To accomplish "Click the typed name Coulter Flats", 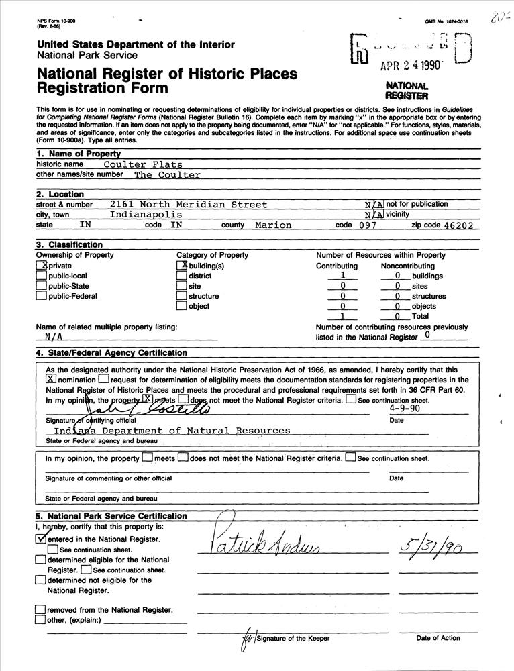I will [x=143, y=164].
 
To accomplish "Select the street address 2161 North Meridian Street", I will [x=189, y=205].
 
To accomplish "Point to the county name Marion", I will [x=273, y=225].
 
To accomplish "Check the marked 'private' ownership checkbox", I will [x=42, y=266].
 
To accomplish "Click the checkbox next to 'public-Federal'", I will [x=42, y=297].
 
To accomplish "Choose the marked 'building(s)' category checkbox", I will [x=181, y=266].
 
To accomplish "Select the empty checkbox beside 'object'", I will [x=181, y=307].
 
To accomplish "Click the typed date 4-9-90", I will [x=405, y=407].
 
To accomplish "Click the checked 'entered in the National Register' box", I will [x=41, y=539].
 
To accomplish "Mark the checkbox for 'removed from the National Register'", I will [x=41, y=610].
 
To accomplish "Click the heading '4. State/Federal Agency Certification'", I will [x=111, y=353].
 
